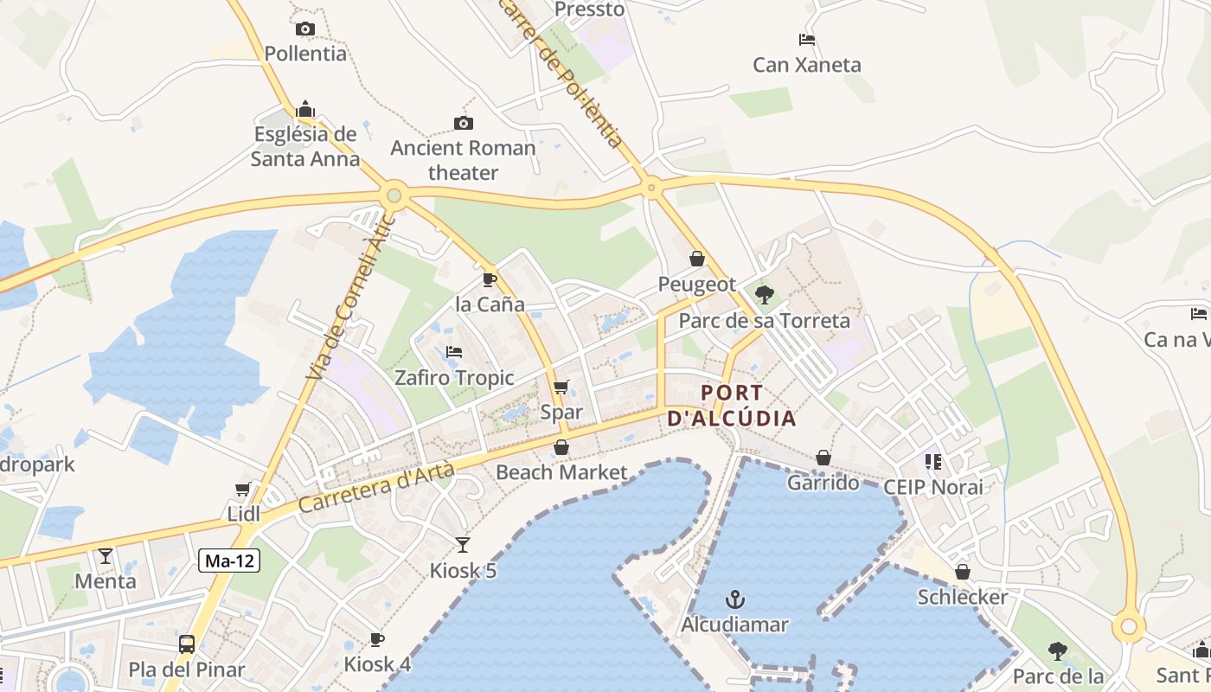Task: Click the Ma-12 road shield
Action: pyautogui.click(x=229, y=561)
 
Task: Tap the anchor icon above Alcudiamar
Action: pyautogui.click(x=735, y=599)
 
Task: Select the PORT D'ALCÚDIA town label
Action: pyautogui.click(x=732, y=406)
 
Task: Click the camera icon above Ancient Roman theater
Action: pyautogui.click(x=464, y=123)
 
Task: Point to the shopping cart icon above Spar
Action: pyautogui.click(x=561, y=387)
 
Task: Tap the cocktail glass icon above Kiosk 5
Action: pyautogui.click(x=463, y=544)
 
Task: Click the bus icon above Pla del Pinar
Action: pyautogui.click(x=187, y=644)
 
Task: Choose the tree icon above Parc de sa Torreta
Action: pyautogui.click(x=764, y=295)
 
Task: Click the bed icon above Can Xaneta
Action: pyautogui.click(x=806, y=40)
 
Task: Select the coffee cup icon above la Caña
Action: pyautogui.click(x=490, y=279)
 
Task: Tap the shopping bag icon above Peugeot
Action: pyautogui.click(x=697, y=259)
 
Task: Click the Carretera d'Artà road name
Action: pyautogui.click(x=377, y=486)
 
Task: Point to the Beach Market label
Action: pyautogui.click(x=561, y=472)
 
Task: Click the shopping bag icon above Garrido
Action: pyautogui.click(x=823, y=458)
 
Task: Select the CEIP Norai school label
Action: pyautogui.click(x=933, y=487)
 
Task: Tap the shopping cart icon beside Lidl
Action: pyautogui.click(x=243, y=489)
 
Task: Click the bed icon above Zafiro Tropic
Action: pyautogui.click(x=454, y=352)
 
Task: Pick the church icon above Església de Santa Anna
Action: pyautogui.click(x=304, y=110)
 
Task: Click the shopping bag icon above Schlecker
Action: pyautogui.click(x=963, y=572)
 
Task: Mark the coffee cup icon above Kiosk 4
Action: pyautogui.click(x=377, y=639)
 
